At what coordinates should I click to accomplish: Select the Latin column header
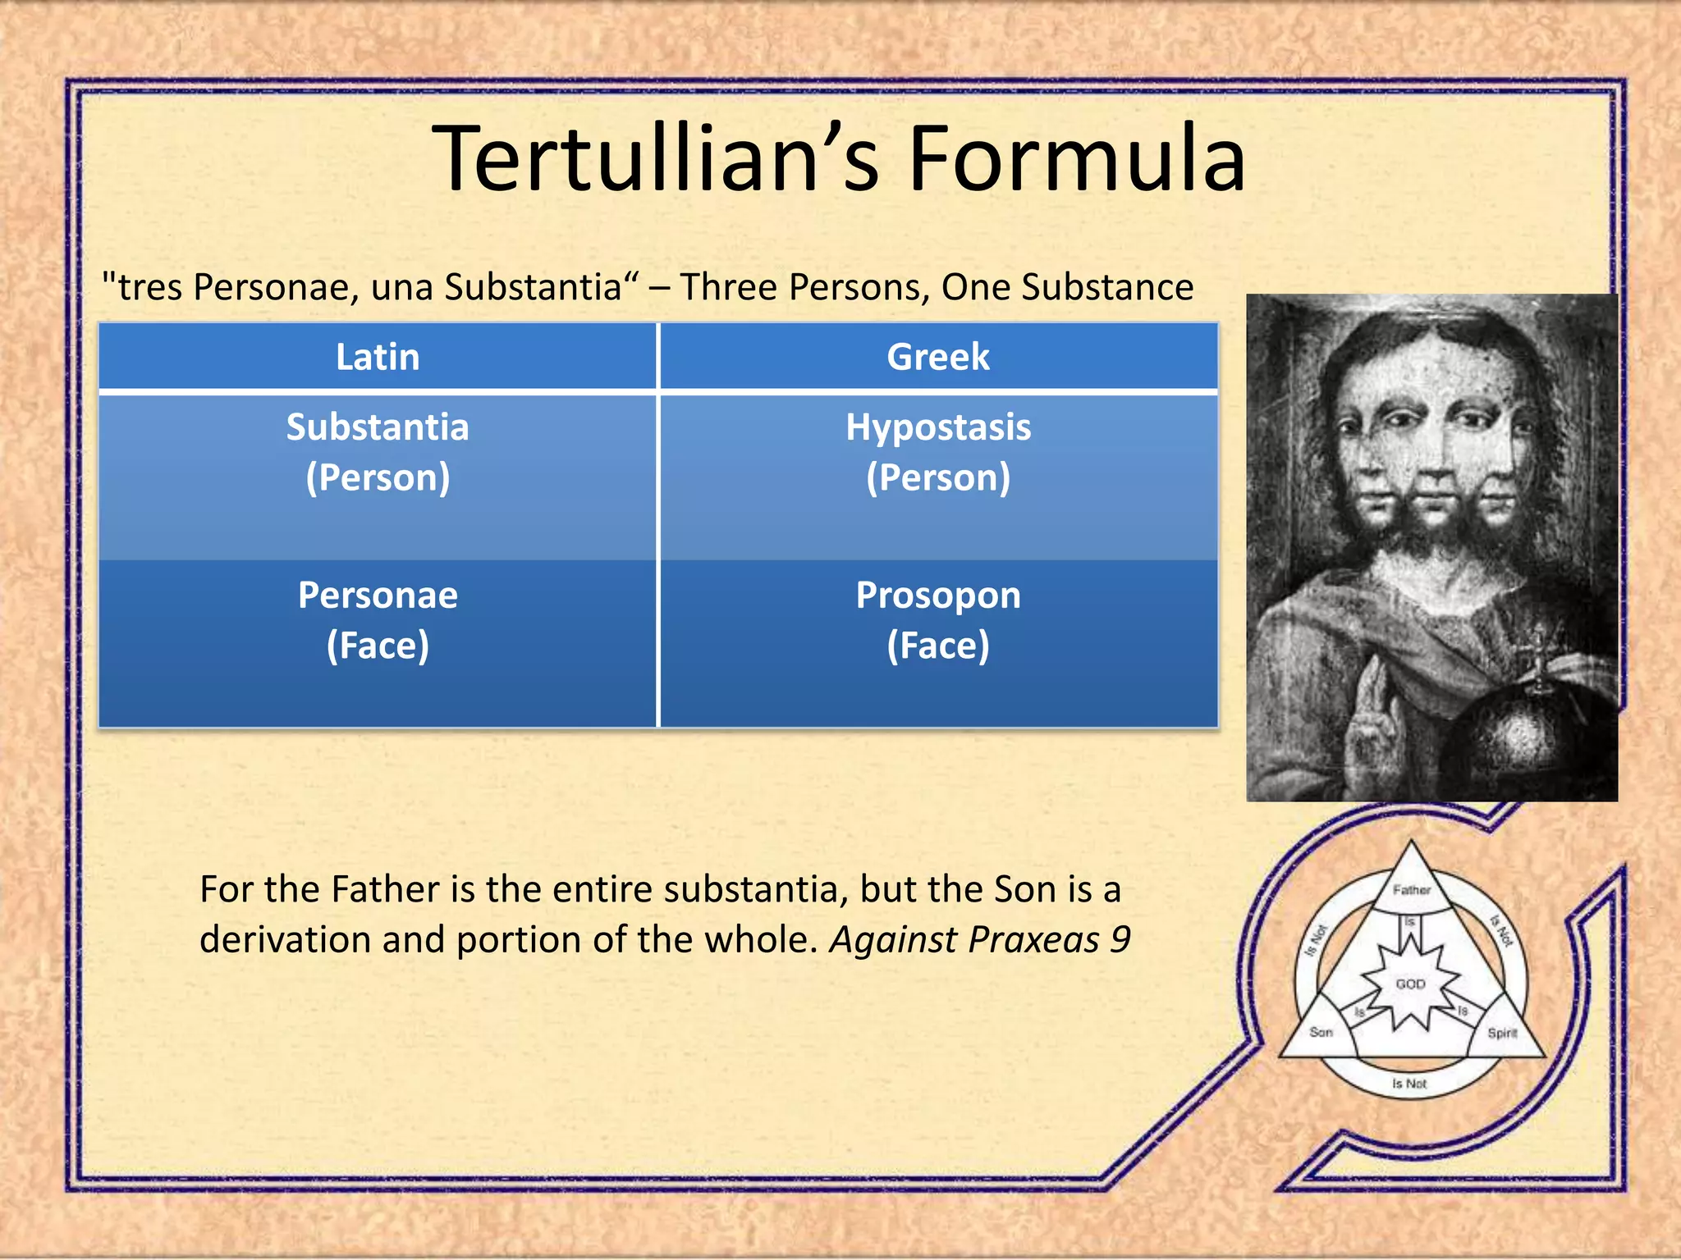(378, 357)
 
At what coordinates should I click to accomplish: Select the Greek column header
(938, 357)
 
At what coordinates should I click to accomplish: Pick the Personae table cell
(378, 620)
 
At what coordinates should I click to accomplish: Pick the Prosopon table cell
(938, 620)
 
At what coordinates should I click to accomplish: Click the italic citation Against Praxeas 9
(980, 940)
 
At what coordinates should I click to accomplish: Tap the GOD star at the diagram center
(1411, 984)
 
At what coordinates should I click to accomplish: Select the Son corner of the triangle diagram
(1321, 1032)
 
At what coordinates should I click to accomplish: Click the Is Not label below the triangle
(1409, 1084)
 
